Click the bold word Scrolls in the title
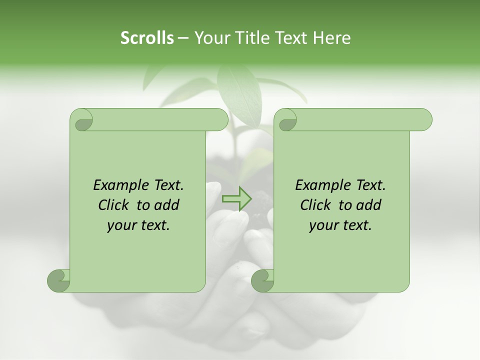(x=147, y=37)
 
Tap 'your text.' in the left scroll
(x=138, y=225)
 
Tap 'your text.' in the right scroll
(x=340, y=225)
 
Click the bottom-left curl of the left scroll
(x=59, y=280)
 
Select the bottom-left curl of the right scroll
(x=263, y=280)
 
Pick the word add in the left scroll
(x=166, y=205)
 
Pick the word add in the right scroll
(x=368, y=205)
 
